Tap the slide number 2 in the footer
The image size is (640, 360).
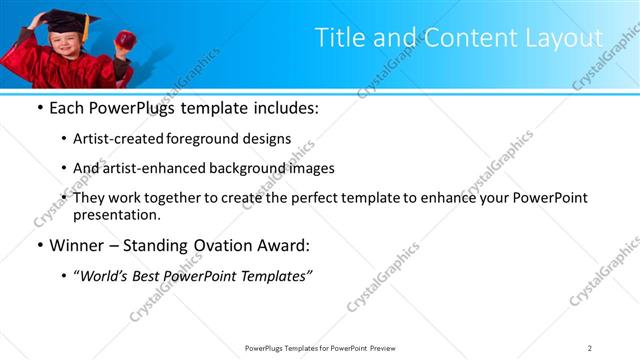pos(590,348)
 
